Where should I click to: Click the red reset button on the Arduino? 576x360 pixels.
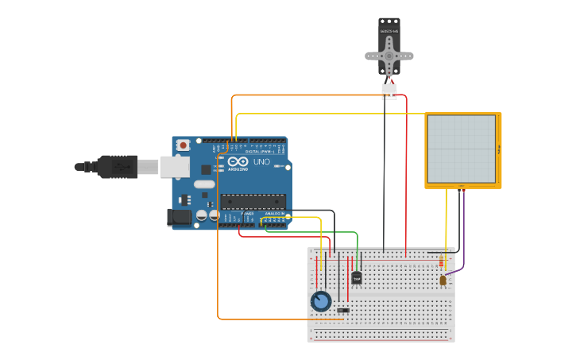(x=184, y=145)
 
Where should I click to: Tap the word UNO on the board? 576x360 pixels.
(x=262, y=162)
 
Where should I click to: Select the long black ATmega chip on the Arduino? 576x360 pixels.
(x=253, y=200)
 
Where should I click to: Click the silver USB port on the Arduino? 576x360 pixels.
(x=175, y=166)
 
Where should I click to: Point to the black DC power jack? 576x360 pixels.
(x=180, y=216)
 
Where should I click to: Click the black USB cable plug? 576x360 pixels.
(x=119, y=167)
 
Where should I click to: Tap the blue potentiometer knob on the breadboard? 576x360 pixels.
(x=321, y=301)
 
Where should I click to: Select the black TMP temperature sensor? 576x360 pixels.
(x=357, y=277)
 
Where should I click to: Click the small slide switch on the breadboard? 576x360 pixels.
(x=343, y=310)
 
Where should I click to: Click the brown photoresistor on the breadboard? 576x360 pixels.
(x=443, y=280)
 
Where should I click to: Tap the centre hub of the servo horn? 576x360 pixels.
(x=389, y=56)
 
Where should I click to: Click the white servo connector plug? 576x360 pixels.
(x=389, y=91)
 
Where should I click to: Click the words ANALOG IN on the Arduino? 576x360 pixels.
(x=275, y=213)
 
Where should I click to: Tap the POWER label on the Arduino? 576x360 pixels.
(x=247, y=213)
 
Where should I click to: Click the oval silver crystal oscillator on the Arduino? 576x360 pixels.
(x=204, y=184)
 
